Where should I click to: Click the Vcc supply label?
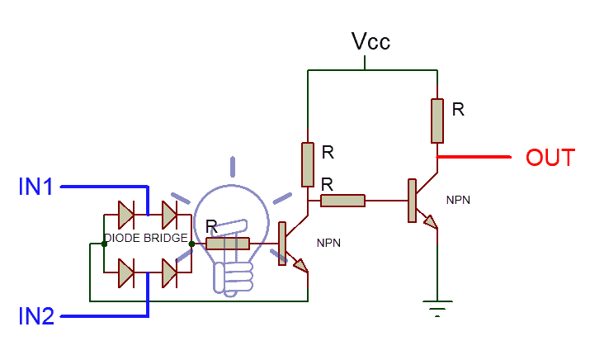(371, 41)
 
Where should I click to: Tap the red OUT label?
(550, 158)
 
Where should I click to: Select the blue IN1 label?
(35, 187)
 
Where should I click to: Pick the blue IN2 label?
(36, 316)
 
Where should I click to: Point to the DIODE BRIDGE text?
(145, 238)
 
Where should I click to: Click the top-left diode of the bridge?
(126, 215)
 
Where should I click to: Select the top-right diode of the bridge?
(169, 215)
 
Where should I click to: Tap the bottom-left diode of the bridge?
(126, 273)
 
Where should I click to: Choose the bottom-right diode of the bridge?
(169, 273)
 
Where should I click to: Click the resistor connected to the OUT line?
(437, 121)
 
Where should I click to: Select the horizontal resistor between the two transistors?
(342, 201)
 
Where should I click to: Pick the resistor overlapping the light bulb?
(228, 244)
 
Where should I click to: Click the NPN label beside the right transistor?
(458, 200)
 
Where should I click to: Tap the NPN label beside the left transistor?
(329, 243)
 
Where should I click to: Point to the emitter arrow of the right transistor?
(431, 222)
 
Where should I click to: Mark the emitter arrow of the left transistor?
(301, 266)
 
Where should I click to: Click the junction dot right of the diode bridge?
(192, 244)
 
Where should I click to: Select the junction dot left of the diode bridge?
(104, 244)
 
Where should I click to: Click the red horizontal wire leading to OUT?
(474, 157)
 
